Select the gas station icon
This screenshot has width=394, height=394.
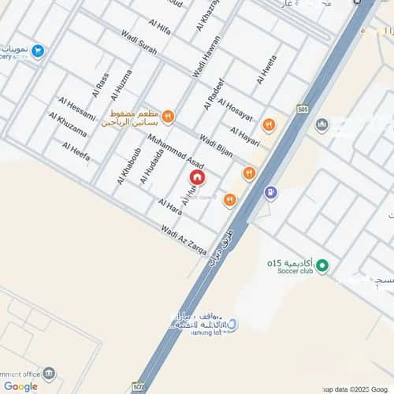tap(270, 191)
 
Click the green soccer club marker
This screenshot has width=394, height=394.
tap(322, 266)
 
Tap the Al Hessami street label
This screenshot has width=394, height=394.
tap(76, 110)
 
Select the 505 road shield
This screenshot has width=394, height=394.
tap(304, 110)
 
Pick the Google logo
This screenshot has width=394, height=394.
tap(20, 386)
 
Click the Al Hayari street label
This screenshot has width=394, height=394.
tap(244, 135)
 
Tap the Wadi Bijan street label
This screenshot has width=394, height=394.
tap(214, 146)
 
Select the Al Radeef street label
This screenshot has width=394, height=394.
tap(214, 94)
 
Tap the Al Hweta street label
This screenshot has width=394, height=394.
tap(266, 70)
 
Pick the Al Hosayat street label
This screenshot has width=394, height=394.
tap(235, 112)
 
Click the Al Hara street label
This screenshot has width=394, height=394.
tap(170, 206)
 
